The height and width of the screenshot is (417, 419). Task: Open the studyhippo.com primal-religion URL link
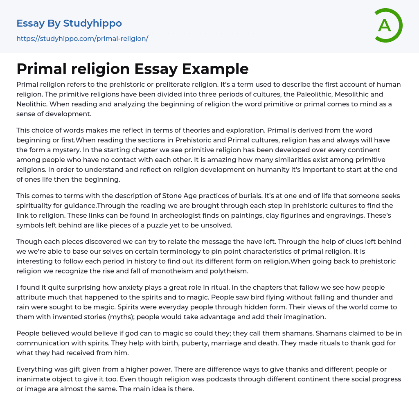(x=82, y=38)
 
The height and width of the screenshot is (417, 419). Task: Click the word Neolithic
(x=31, y=104)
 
